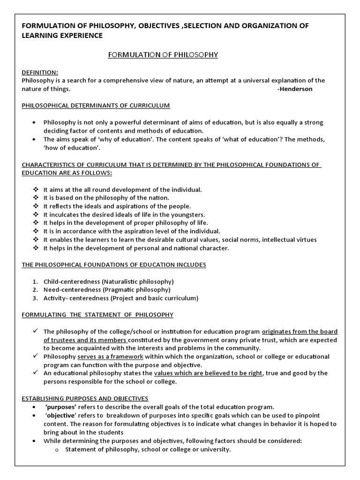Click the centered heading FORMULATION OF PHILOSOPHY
pos(163,55)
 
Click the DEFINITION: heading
pos(40,72)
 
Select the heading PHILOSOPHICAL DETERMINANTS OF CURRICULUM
pos(96,105)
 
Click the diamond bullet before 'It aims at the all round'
pos(36,189)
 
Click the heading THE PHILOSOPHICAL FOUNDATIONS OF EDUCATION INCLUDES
pos(114,265)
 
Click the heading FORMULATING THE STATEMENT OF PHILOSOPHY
pos(97,315)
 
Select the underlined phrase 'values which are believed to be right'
pos(208,373)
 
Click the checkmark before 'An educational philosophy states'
pos(36,373)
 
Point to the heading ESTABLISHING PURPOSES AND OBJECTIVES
pos(85,398)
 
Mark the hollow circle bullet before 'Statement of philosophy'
pos(57,450)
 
